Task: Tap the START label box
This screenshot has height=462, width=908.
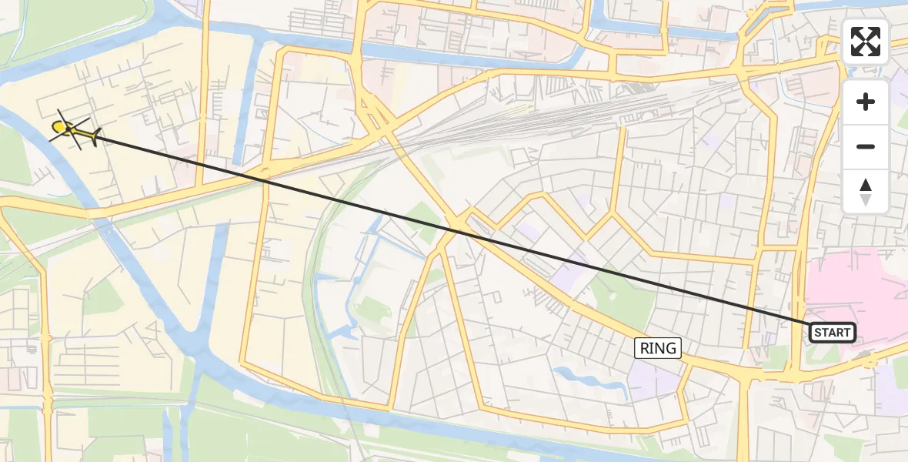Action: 832,333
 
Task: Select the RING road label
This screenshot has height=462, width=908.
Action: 658,348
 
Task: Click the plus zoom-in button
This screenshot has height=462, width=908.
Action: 866,102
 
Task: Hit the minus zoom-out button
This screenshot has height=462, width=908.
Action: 866,146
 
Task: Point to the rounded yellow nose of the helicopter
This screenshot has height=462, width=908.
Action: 57,126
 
